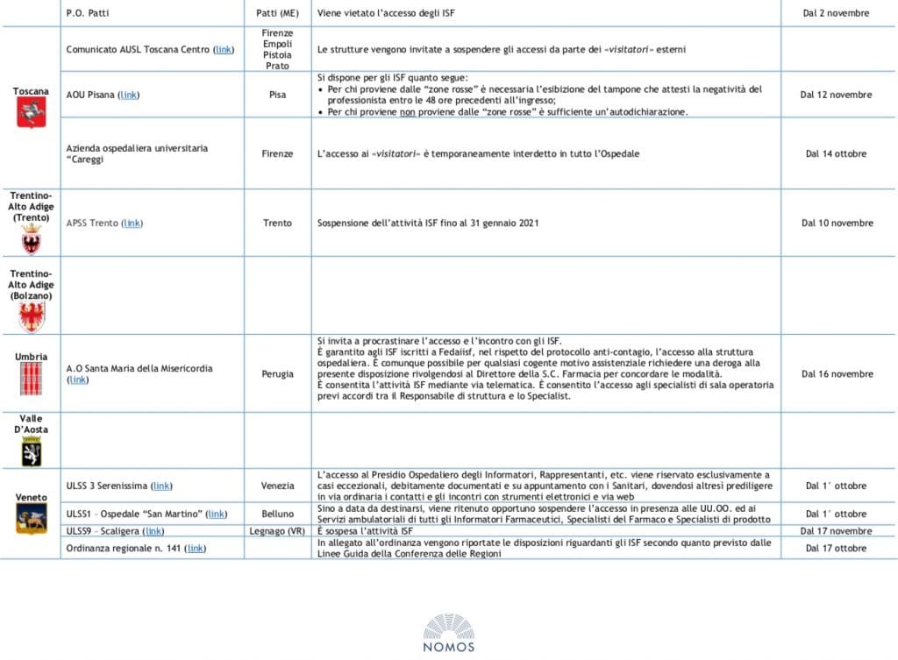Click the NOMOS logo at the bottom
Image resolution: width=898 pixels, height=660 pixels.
tap(448, 633)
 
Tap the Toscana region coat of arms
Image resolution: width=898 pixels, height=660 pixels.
tap(31, 112)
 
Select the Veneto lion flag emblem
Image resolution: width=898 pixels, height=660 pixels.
tap(31, 519)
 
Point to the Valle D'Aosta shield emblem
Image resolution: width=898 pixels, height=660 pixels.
tap(31, 451)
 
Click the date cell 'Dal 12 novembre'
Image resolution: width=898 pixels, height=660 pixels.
tap(837, 95)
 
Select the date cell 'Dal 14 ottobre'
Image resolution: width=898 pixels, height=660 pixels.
tap(837, 153)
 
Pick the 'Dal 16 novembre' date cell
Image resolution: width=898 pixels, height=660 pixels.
tap(837, 374)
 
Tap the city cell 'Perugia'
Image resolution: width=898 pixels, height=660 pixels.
tap(277, 374)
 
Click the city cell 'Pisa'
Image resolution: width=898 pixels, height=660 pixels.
tap(277, 95)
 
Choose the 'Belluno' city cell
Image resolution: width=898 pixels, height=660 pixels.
tap(277, 514)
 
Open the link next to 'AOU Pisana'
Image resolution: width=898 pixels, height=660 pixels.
tap(129, 95)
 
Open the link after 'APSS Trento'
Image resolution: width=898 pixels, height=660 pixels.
tap(132, 224)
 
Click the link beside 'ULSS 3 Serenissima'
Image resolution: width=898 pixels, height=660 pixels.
tap(161, 486)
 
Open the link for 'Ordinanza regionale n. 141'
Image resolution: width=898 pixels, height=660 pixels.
tap(196, 549)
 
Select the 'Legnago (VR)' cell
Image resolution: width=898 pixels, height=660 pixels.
tap(277, 531)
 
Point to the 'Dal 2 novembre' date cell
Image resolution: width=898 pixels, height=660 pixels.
tap(837, 13)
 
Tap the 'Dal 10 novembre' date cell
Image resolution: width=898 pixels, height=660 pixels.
tap(837, 224)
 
